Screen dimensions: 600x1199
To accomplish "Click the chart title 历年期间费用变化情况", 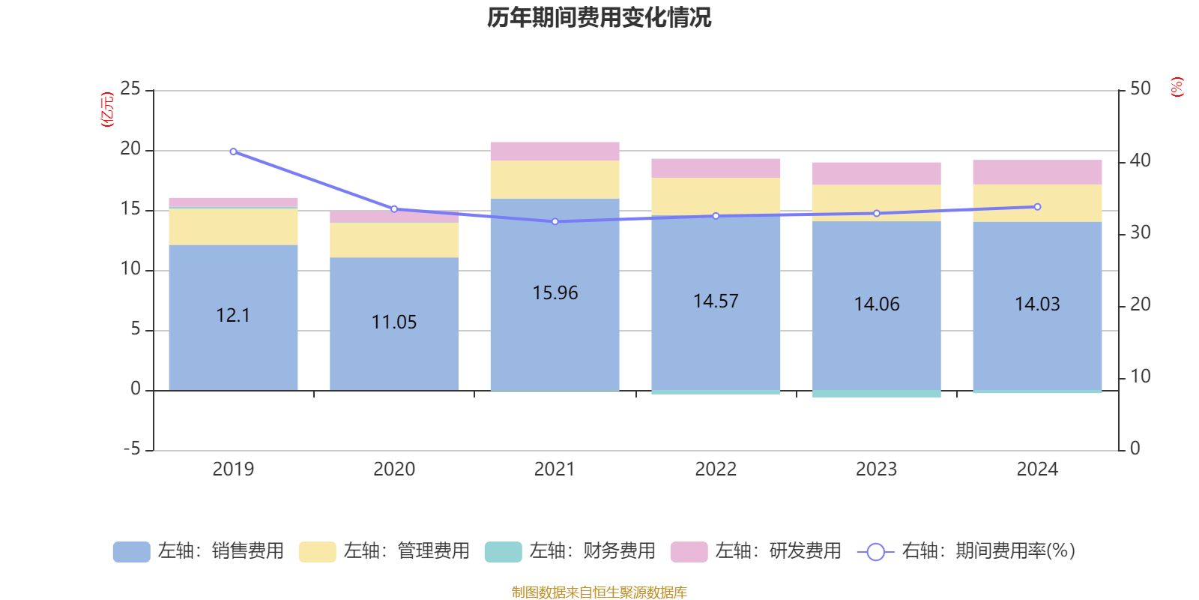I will click(599, 18).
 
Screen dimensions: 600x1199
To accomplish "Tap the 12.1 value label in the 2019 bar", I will click(233, 316).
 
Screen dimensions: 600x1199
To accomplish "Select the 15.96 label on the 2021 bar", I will click(555, 293).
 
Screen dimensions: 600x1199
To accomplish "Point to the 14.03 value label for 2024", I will click(1037, 304).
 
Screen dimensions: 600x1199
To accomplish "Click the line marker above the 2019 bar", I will click(233, 151).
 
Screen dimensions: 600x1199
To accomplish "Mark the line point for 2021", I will click(555, 222).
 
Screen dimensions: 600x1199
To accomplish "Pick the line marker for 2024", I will click(1037, 207).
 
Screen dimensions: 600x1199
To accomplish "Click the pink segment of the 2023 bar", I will click(876, 173).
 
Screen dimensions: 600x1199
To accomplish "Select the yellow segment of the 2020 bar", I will click(394, 240).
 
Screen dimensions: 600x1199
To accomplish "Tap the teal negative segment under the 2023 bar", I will click(876, 394).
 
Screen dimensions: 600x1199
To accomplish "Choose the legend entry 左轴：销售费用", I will click(199, 551).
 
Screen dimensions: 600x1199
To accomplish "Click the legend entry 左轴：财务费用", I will click(570, 551).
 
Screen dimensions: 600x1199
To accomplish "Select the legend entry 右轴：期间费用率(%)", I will click(966, 551).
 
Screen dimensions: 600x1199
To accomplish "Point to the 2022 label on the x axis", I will click(716, 469).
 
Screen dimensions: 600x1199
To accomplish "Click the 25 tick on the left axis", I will click(130, 89).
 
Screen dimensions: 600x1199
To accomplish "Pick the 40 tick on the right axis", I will click(1141, 160).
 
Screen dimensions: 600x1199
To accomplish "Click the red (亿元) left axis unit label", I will click(107, 109).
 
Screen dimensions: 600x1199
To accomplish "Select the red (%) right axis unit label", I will click(1177, 87).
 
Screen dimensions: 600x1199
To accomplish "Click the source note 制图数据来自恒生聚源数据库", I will click(599, 592).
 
